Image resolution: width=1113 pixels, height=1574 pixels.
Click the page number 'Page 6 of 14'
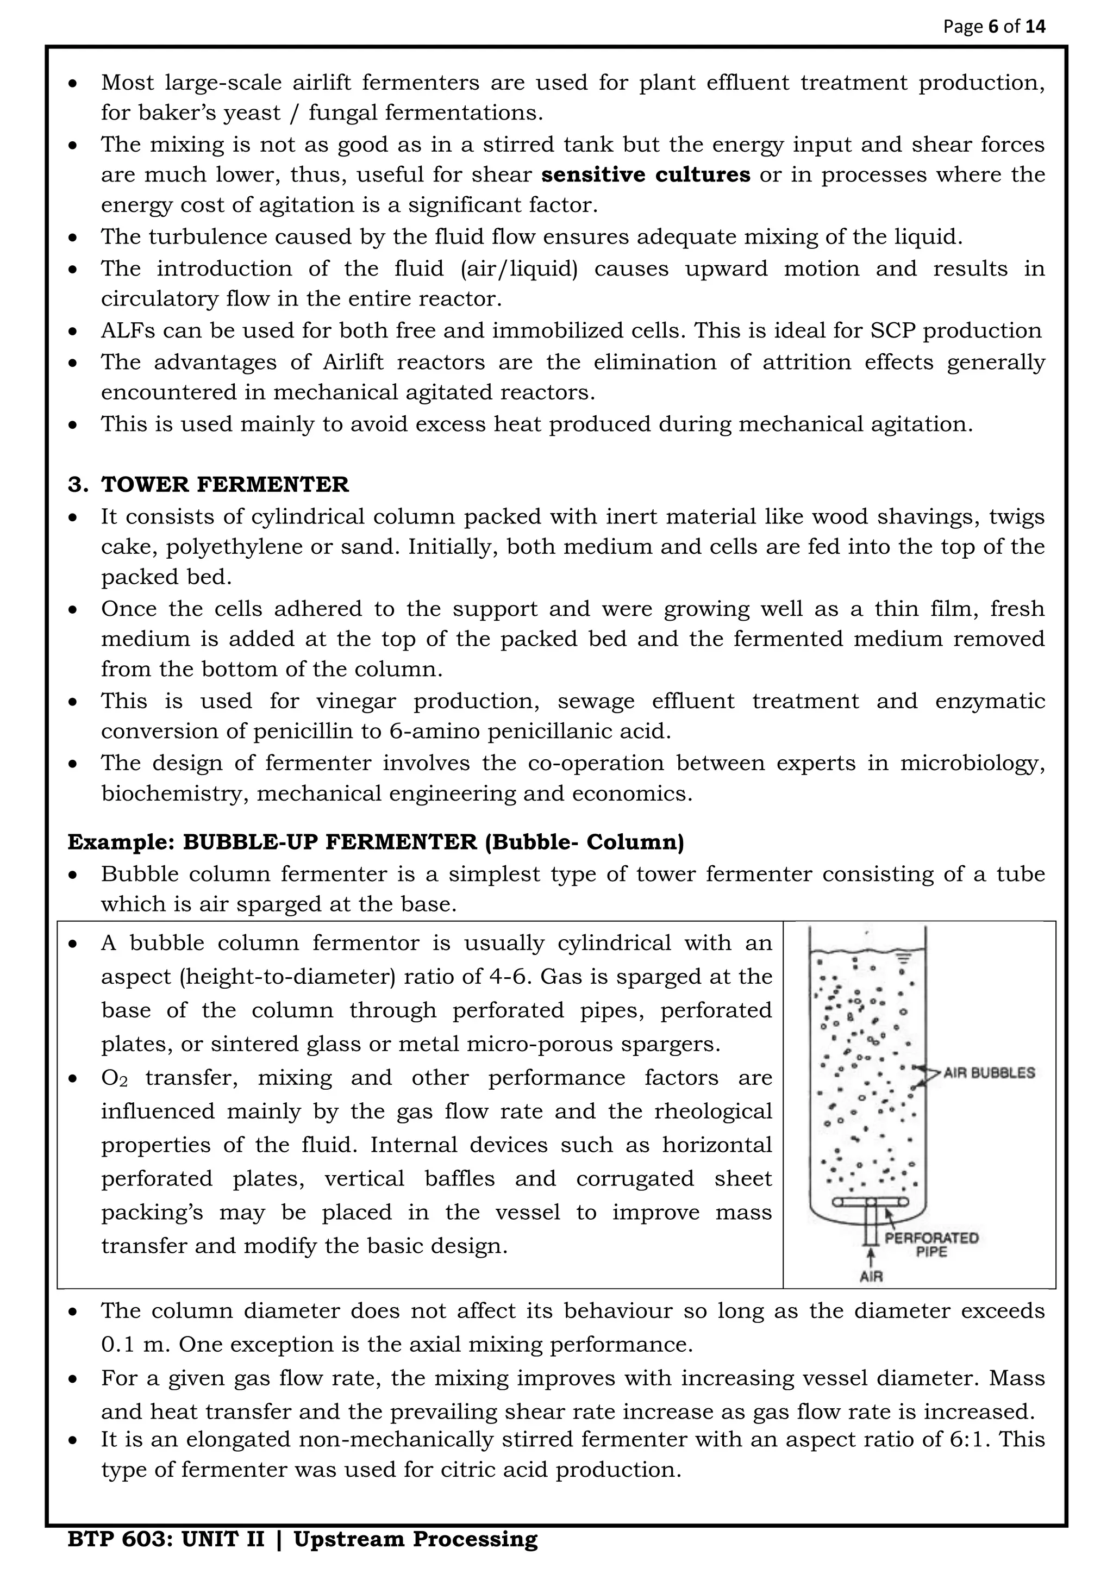tap(994, 27)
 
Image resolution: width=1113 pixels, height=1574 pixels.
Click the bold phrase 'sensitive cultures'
tap(646, 175)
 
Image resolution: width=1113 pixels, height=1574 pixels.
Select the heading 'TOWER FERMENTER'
tap(225, 485)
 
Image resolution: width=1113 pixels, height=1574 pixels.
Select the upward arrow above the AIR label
tap(871, 1257)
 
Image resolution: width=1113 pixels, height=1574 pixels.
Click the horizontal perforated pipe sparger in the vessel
tap(871, 1202)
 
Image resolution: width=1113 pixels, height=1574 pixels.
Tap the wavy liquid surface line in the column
tap(867, 952)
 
